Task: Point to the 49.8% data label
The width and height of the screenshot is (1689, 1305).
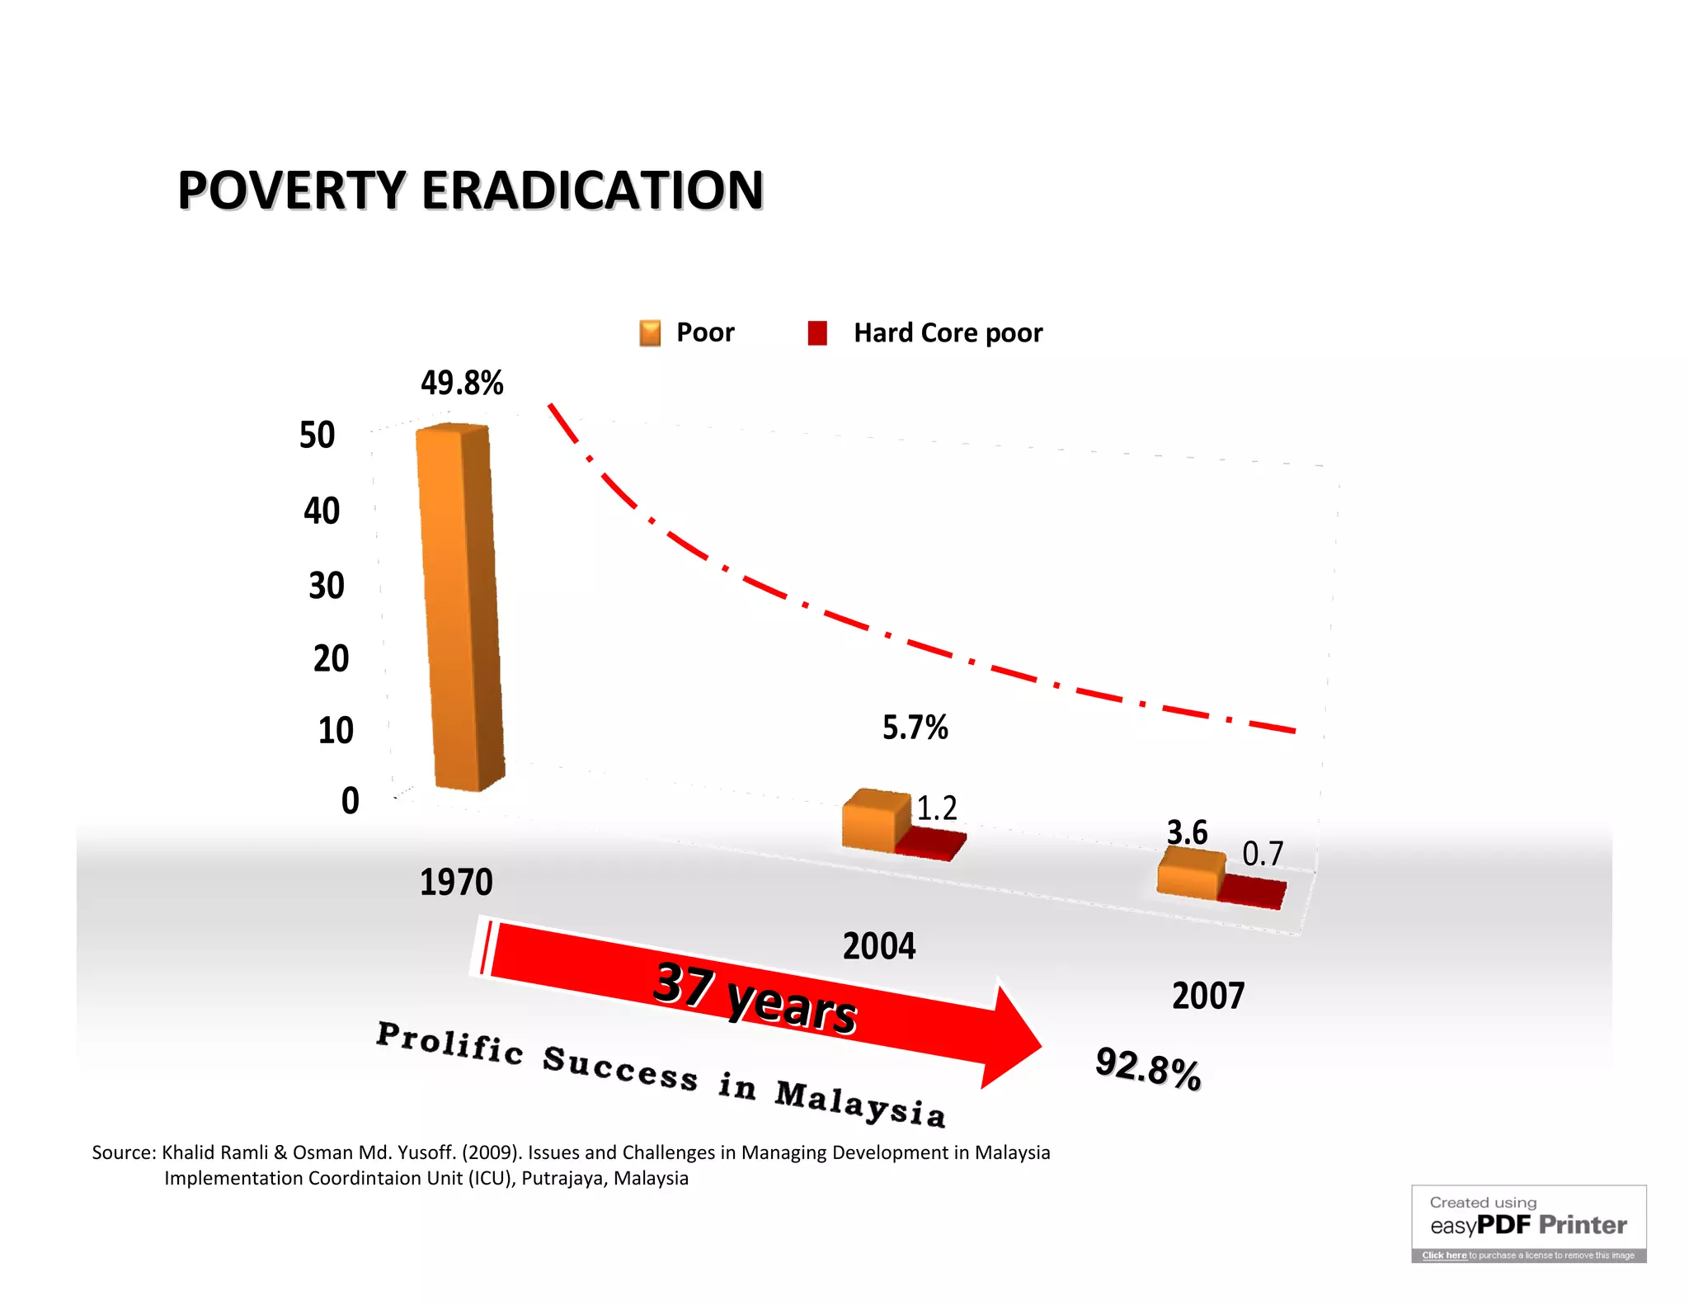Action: coord(462,383)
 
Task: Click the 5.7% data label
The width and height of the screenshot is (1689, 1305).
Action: coord(915,728)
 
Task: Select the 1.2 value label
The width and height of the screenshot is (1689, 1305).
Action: coord(937,808)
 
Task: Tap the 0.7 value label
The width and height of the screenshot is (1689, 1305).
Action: coord(1263,854)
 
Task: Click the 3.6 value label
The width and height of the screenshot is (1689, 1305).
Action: coord(1187,832)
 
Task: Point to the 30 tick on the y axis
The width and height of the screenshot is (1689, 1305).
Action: coord(327,586)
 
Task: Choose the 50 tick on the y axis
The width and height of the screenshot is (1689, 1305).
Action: coord(318,435)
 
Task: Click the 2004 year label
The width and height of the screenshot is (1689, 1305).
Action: coord(878,946)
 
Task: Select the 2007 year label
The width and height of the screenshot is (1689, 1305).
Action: coord(1208,996)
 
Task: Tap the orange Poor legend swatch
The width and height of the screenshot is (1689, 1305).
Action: coord(650,333)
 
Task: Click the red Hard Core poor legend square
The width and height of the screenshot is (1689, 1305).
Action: coord(817,333)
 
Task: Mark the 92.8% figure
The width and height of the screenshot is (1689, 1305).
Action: coord(1148,1069)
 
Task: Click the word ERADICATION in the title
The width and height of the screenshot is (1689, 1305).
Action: coord(592,191)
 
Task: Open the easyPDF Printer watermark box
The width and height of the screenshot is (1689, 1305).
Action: coord(1528,1223)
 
